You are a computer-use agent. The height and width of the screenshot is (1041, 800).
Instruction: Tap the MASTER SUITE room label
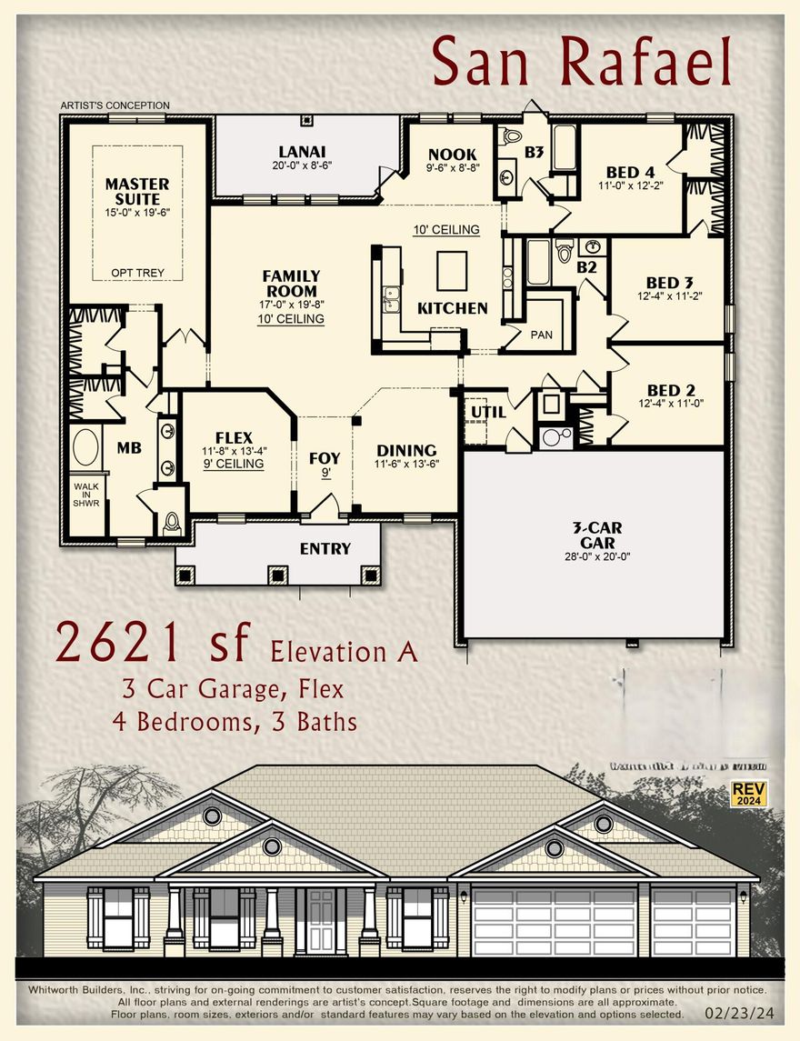[x=137, y=192]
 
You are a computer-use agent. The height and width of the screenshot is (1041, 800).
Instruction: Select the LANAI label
[x=303, y=152]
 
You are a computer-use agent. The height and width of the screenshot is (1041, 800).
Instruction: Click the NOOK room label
[x=452, y=155]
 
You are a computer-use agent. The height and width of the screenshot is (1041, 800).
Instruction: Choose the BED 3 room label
[x=669, y=283]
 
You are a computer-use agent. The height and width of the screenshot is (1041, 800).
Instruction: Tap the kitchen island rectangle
[x=452, y=269]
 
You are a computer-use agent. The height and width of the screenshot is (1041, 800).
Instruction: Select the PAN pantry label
[x=542, y=335]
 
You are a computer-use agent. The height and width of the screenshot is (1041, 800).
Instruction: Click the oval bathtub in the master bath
[x=86, y=448]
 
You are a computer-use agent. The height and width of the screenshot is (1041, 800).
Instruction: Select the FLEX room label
[x=234, y=437]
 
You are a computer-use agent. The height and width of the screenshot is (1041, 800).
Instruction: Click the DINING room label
[x=406, y=450]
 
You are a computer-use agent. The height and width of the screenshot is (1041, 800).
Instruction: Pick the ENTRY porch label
[x=325, y=548]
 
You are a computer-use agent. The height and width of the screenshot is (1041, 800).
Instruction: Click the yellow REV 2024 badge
[x=749, y=794]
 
